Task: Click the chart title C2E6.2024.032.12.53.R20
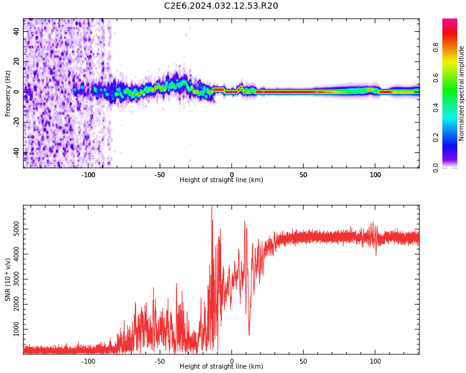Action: (x=221, y=6)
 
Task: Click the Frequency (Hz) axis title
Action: (x=7, y=93)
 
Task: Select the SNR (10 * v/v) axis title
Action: (x=7, y=279)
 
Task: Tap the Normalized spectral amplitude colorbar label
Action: (x=461, y=93)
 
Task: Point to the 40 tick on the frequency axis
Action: (x=16, y=31)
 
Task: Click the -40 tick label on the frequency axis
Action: (x=16, y=153)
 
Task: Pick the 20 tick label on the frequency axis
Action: (x=16, y=62)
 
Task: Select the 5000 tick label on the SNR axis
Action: (x=16, y=229)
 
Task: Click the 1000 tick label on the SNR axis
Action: (x=16, y=329)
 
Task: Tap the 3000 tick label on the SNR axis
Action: (x=16, y=279)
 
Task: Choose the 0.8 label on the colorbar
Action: (x=436, y=47)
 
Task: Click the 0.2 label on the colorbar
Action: (x=436, y=137)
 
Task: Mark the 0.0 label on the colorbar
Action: (x=436, y=167)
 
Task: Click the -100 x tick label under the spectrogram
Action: (x=88, y=175)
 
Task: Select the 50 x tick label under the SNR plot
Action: (x=303, y=361)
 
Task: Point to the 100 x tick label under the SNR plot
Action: (x=375, y=361)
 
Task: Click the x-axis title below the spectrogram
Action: (x=221, y=180)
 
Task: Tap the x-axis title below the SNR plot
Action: (x=221, y=366)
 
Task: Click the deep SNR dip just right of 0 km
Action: (x=249, y=333)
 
